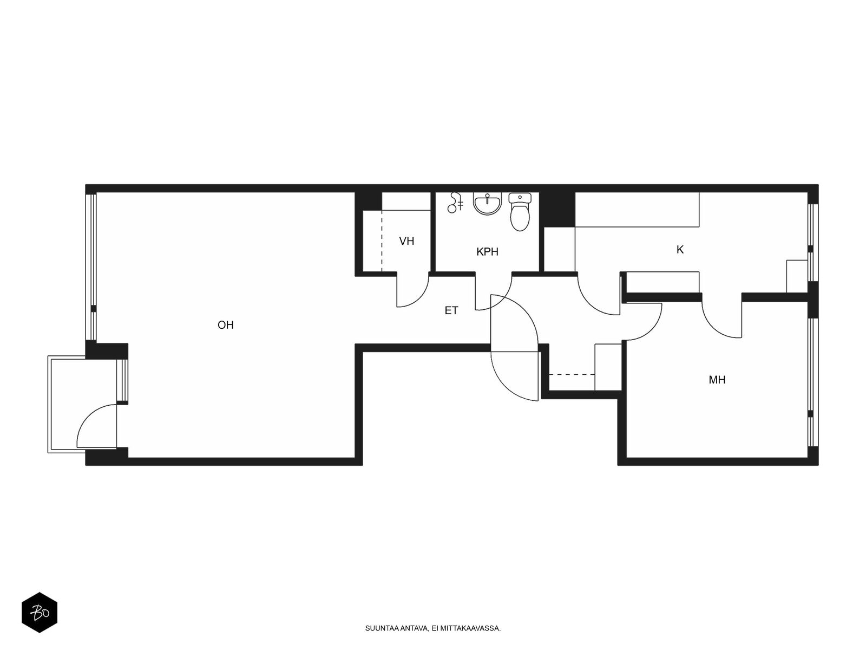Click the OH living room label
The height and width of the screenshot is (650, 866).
coord(225,325)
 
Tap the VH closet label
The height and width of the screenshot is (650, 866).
coord(406,241)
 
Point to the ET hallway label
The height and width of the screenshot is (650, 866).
coord(451,310)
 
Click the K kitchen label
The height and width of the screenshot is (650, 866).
coord(679,249)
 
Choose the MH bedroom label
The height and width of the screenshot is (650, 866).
coord(717,380)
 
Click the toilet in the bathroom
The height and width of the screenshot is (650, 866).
coord(520,212)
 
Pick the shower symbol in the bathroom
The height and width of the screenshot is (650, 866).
coord(455,203)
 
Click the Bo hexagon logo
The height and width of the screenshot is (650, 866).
coord(40,613)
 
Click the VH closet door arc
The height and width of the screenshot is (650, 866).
coord(419,298)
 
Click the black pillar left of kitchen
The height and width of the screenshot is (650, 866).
coord(557,210)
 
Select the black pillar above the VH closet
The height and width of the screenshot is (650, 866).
coord(369,201)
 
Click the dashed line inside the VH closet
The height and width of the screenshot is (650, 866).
coord(382,241)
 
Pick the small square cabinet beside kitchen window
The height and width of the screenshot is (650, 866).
coord(797,276)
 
